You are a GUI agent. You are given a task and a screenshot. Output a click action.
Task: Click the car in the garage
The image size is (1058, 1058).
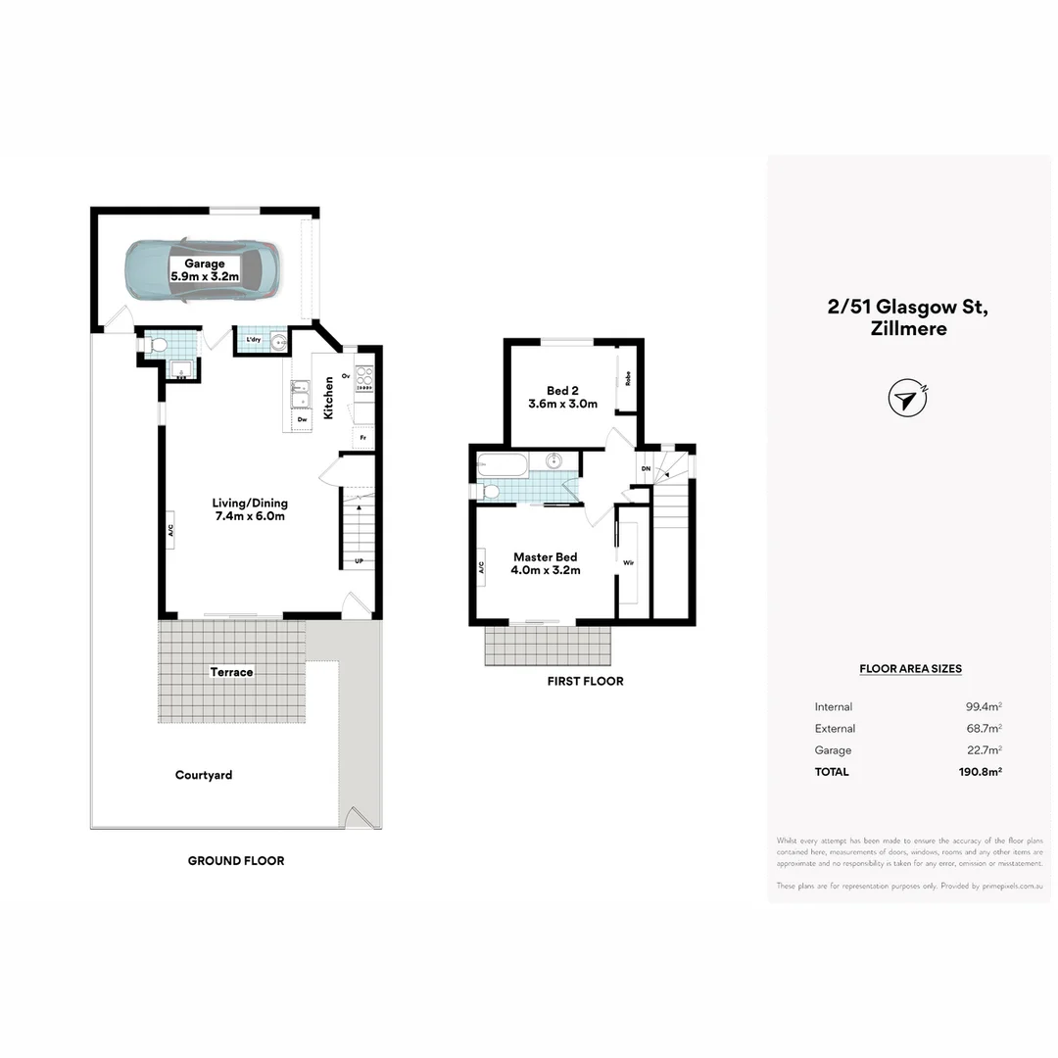pyautogui.click(x=202, y=270)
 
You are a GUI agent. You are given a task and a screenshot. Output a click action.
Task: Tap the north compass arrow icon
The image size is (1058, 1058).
pyautogui.click(x=907, y=399)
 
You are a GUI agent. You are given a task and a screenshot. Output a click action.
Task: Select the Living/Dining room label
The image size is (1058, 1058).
pyautogui.click(x=250, y=509)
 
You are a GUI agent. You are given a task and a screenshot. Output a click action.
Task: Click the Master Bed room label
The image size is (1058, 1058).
pyautogui.click(x=547, y=563)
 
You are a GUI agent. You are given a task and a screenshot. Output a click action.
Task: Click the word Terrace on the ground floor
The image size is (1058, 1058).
pyautogui.click(x=231, y=672)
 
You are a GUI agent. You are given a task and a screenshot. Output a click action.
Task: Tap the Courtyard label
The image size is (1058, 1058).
pyautogui.click(x=204, y=775)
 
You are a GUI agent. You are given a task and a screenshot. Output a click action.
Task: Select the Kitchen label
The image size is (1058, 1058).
pyautogui.click(x=329, y=398)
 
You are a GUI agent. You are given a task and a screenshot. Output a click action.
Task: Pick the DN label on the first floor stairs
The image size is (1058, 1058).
pyautogui.click(x=646, y=469)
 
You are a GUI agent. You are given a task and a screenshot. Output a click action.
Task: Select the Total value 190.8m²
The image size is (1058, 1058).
pyautogui.click(x=980, y=772)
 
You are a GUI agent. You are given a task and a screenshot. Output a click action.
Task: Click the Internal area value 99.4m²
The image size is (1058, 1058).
pyautogui.click(x=983, y=707)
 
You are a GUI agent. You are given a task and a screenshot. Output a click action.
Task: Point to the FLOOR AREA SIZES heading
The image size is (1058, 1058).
pyautogui.click(x=910, y=669)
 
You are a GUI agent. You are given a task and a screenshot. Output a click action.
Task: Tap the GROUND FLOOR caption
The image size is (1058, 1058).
pyautogui.click(x=236, y=861)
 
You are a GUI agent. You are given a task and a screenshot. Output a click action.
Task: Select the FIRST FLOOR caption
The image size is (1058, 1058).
pyautogui.click(x=585, y=681)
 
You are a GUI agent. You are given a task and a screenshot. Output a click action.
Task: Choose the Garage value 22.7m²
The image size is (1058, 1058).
pyautogui.click(x=983, y=750)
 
